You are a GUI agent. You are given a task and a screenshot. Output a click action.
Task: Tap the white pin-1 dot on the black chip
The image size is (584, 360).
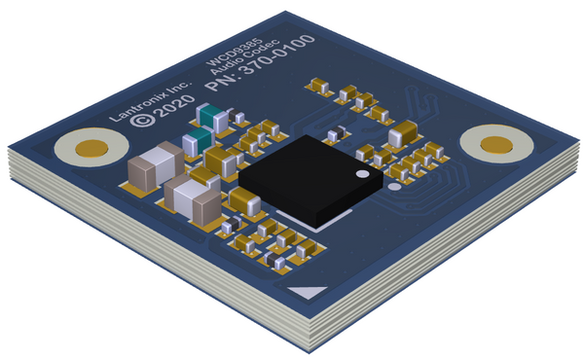362,174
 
